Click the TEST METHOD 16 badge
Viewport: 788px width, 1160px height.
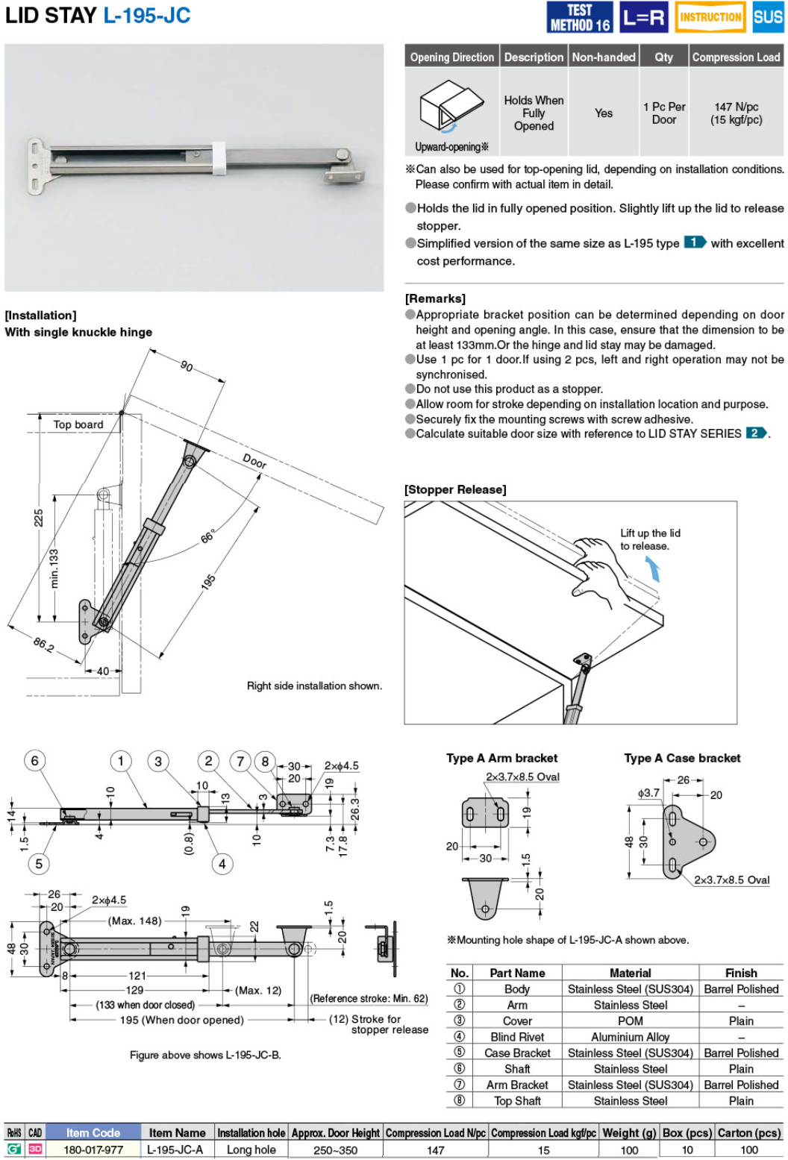pos(580,17)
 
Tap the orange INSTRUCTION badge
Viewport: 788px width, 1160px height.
pos(710,17)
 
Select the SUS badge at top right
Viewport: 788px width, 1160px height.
pos(767,17)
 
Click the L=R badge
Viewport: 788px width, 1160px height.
pos(643,17)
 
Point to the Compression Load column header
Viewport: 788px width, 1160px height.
pos(736,57)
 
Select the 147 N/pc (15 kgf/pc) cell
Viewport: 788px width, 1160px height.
pos(736,113)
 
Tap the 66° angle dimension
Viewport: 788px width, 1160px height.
pos(208,536)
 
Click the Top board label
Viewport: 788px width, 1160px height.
pos(78,424)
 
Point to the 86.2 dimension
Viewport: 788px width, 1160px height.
pos(44,645)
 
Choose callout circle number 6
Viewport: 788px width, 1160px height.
pos(34,761)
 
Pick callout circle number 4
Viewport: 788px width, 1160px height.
pos(222,864)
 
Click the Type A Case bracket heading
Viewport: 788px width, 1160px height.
pos(682,758)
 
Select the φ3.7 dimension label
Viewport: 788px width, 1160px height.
pos(648,793)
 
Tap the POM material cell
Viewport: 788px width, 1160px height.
pos(630,1021)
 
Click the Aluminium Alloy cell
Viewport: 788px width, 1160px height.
pos(630,1037)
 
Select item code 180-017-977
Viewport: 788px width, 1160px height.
pos(93,1150)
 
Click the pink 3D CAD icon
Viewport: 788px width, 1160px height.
pos(35,1150)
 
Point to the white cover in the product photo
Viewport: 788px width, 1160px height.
pos(219,157)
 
